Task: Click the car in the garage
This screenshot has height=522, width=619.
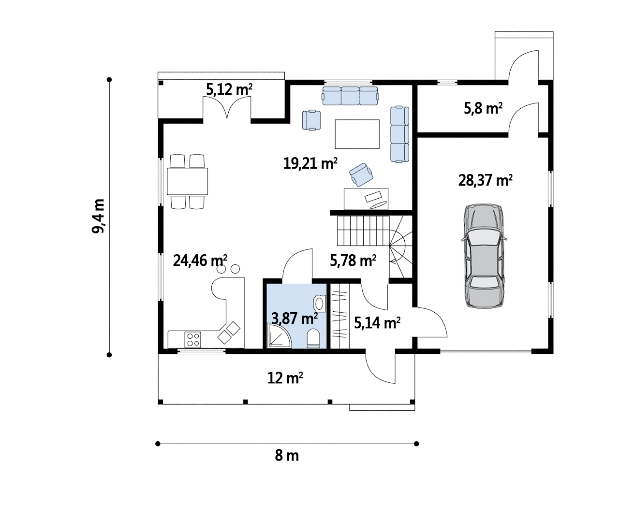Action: point(484,256)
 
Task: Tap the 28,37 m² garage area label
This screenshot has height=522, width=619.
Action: point(486,180)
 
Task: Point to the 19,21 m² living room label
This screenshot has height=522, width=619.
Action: point(310,163)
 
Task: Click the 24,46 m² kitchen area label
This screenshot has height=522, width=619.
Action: point(200,261)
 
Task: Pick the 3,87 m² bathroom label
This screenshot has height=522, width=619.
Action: point(295,319)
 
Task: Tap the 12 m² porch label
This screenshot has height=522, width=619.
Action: point(285,378)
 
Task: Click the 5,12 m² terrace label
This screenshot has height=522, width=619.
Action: point(229,89)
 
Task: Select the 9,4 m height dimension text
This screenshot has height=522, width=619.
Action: point(98,216)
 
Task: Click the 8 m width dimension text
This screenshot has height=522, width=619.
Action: point(287,456)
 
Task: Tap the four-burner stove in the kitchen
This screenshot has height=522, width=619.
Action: point(192,339)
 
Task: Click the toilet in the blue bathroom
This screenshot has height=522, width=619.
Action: point(313,338)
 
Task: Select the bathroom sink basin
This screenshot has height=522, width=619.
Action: point(319,304)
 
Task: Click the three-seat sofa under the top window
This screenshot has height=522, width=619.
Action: point(350,96)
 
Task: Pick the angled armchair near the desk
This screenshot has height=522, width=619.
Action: point(361,174)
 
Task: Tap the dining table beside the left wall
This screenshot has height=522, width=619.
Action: point(187,181)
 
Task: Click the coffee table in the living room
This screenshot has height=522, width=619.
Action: point(357,134)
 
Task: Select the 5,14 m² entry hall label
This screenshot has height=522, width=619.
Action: point(377,323)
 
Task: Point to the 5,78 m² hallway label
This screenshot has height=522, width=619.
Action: point(353,261)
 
